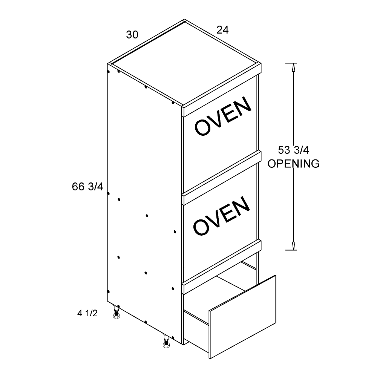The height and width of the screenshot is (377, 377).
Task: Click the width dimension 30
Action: (x=132, y=35)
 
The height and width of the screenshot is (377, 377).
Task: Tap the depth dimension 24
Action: (x=222, y=30)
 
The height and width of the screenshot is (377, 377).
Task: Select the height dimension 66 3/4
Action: (x=87, y=187)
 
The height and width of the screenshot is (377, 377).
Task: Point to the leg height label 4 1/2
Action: (x=87, y=313)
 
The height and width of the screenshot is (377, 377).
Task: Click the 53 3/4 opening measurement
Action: (x=293, y=150)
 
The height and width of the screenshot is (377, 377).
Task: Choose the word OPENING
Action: (x=293, y=164)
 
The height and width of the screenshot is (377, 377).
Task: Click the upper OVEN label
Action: (x=223, y=115)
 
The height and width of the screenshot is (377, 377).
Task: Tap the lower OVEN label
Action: (x=221, y=215)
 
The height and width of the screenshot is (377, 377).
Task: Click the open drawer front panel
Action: (x=243, y=317)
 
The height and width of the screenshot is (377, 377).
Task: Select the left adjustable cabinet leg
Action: (x=116, y=312)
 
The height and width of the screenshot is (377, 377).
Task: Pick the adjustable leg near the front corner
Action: (x=166, y=342)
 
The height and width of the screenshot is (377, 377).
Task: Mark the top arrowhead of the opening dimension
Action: (x=293, y=67)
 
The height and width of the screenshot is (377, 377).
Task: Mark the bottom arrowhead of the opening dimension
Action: (x=293, y=246)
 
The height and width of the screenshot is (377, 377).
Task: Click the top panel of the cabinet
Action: (x=184, y=63)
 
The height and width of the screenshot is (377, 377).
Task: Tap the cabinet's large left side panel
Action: (x=144, y=204)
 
